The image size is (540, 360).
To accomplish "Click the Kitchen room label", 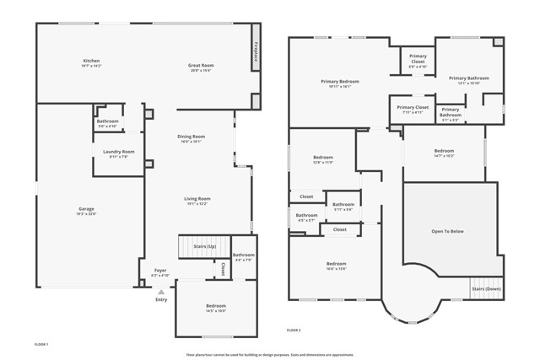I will tap(92, 61).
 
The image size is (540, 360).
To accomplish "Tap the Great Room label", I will tap(200, 66).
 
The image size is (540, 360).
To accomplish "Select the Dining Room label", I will tap(191, 137).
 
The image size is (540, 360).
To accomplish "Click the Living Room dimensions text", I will tap(197, 204).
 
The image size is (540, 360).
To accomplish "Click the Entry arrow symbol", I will tap(161, 291).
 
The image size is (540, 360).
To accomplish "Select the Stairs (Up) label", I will tap(205, 246).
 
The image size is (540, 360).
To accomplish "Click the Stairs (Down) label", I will tap(486, 288).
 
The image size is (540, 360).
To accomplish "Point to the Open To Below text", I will tap(447, 231).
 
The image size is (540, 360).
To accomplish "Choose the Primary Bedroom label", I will tap(341, 81).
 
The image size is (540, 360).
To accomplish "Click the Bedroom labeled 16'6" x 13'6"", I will tap(337, 263).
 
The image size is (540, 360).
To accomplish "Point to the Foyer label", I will tap(160, 271).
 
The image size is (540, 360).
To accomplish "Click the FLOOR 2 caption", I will tap(294, 330).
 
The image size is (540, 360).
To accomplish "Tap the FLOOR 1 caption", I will tap(41, 345).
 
